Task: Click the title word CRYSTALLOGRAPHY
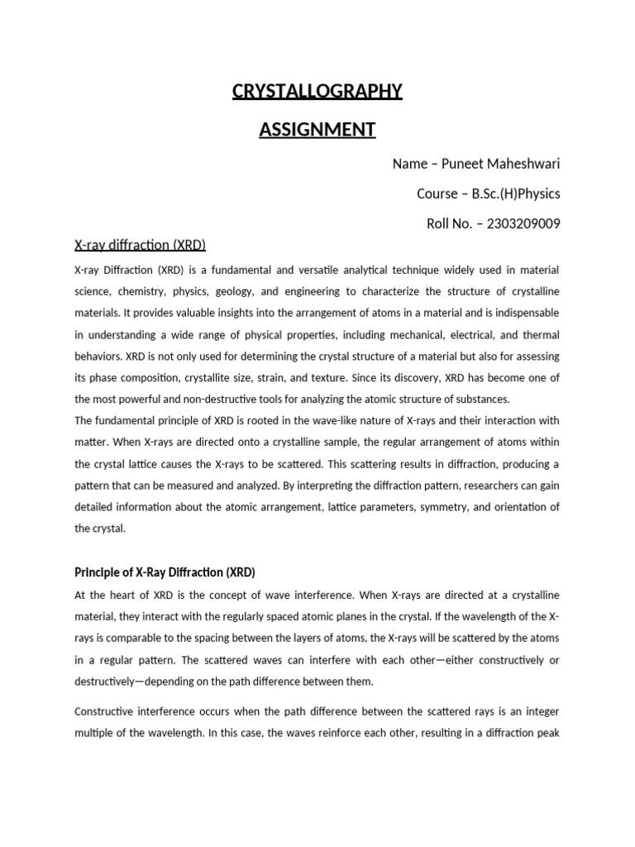point(317,90)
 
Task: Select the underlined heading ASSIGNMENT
point(317,130)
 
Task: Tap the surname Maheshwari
point(524,163)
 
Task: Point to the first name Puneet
point(463,163)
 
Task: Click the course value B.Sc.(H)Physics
point(516,194)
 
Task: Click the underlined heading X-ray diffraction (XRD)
point(140,245)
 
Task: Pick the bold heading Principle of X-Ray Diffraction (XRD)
point(165,572)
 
